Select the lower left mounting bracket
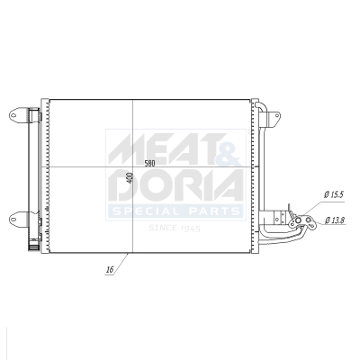[20, 215]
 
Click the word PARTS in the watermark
[211, 211]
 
